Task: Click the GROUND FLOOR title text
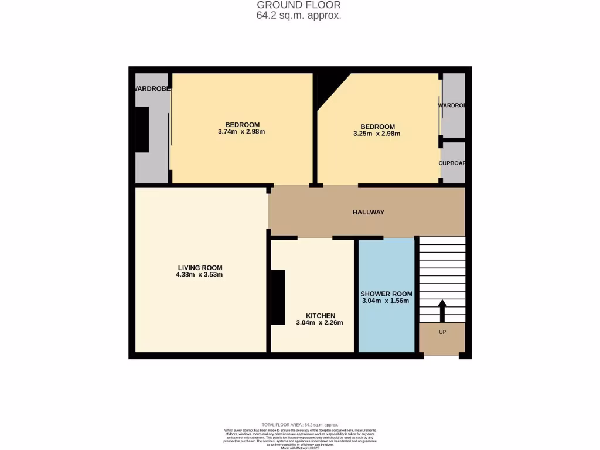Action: [x=299, y=5]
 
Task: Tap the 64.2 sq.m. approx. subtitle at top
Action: [x=299, y=16]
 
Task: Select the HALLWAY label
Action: [x=368, y=212]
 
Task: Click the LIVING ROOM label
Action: [x=200, y=267]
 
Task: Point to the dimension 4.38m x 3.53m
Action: [x=199, y=275]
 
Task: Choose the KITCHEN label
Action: [x=321, y=316]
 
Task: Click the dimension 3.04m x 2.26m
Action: [x=319, y=323]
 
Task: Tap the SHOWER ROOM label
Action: [x=386, y=294]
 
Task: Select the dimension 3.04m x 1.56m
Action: [x=385, y=301]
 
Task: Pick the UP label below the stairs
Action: [x=442, y=332]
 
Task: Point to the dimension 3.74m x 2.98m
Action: [x=241, y=132]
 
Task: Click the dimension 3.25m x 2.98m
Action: [x=377, y=134]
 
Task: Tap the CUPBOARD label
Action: [x=452, y=163]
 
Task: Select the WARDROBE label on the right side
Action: [x=452, y=105]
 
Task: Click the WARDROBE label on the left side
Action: [x=152, y=89]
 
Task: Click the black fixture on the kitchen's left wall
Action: [x=277, y=296]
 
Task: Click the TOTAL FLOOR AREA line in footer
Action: [x=299, y=424]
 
